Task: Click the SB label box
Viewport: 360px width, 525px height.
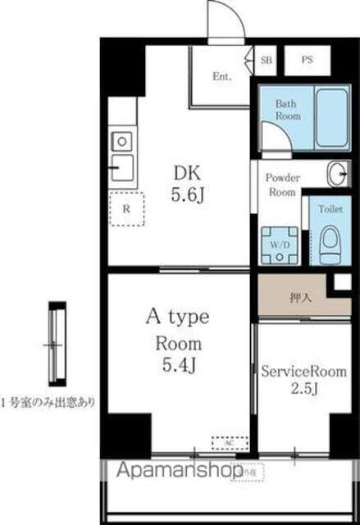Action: click(x=267, y=60)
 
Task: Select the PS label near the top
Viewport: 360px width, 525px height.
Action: click(x=307, y=60)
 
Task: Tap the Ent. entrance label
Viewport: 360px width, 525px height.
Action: click(x=222, y=77)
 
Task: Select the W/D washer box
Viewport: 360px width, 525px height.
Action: click(x=279, y=244)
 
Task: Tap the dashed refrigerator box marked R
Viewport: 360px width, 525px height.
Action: click(x=125, y=208)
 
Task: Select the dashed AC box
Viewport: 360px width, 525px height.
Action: click(x=229, y=442)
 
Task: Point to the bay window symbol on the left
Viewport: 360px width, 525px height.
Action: click(x=55, y=345)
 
